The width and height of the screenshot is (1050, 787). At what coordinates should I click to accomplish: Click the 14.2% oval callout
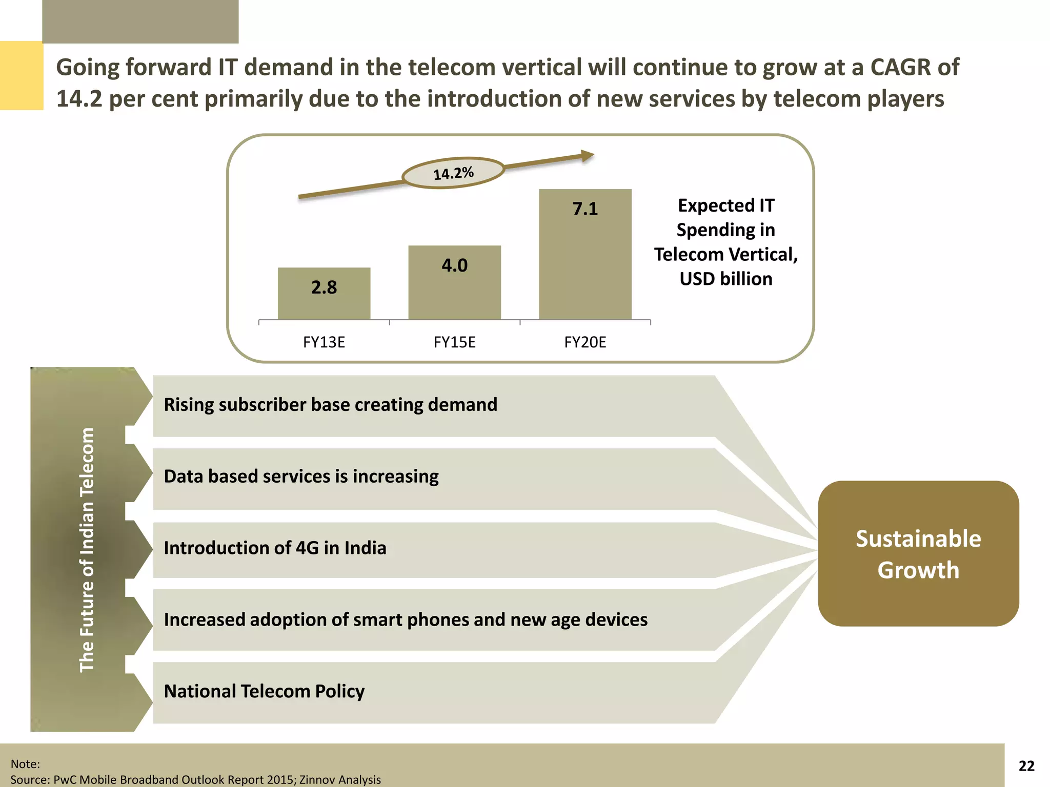click(x=453, y=173)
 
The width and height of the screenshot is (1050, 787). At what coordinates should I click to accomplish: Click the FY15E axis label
click(x=454, y=342)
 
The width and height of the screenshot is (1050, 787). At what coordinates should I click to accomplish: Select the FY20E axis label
click(x=585, y=342)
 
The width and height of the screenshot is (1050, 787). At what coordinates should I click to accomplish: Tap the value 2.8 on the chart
click(x=324, y=287)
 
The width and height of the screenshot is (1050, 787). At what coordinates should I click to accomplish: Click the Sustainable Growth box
click(x=918, y=553)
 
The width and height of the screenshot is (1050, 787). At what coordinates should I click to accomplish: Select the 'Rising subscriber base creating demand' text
click(x=330, y=405)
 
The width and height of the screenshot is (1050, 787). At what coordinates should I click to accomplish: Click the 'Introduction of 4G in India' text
click(x=275, y=548)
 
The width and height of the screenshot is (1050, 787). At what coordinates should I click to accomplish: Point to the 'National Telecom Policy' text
click(x=264, y=692)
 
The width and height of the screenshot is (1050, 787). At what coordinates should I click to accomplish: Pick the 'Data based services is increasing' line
click(x=301, y=477)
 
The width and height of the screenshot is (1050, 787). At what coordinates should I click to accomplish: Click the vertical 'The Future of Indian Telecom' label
click(x=87, y=549)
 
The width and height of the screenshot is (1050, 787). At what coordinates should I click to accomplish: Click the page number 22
click(x=1026, y=765)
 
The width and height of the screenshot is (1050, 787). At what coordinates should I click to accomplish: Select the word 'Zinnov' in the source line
click(x=317, y=779)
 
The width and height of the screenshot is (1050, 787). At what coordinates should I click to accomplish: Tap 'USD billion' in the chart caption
click(x=725, y=279)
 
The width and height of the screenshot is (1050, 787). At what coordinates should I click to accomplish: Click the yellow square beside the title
click(x=21, y=76)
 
